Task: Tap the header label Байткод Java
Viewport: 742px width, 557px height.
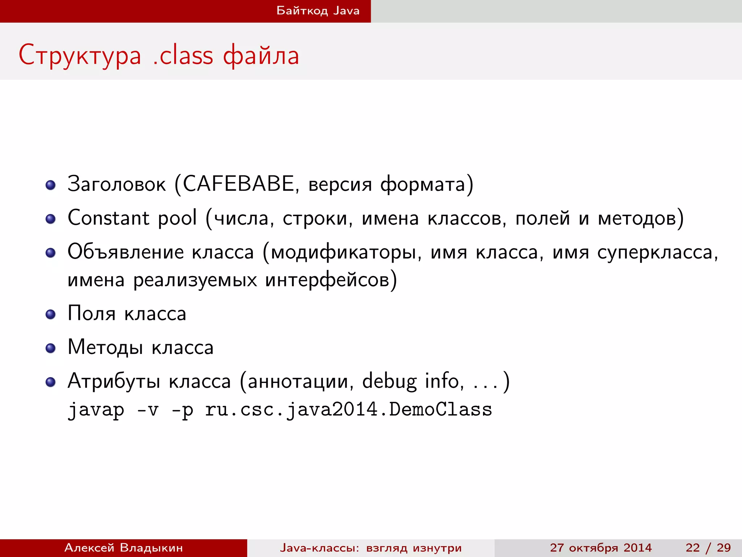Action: pos(318,11)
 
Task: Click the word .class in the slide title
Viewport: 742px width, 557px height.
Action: pos(183,55)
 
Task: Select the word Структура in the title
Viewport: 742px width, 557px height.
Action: pos(80,55)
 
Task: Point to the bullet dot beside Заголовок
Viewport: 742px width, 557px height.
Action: pos(51,185)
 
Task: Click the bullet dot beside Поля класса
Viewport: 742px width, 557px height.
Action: pos(51,314)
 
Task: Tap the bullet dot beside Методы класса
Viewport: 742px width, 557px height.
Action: pos(51,348)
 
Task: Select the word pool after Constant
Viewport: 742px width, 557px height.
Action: pos(177,218)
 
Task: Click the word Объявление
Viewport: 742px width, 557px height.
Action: pos(125,252)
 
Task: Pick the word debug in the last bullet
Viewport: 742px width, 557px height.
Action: pos(389,381)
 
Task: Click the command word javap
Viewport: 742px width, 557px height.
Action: pos(96,410)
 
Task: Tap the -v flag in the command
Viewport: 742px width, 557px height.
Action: pos(148,410)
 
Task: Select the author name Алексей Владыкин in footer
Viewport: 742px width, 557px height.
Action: pos(124,548)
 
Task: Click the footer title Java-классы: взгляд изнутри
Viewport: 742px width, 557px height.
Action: pos(371,548)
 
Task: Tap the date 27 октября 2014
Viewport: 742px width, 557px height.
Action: pos(601,548)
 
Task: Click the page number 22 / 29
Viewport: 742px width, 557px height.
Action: pos(708,548)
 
